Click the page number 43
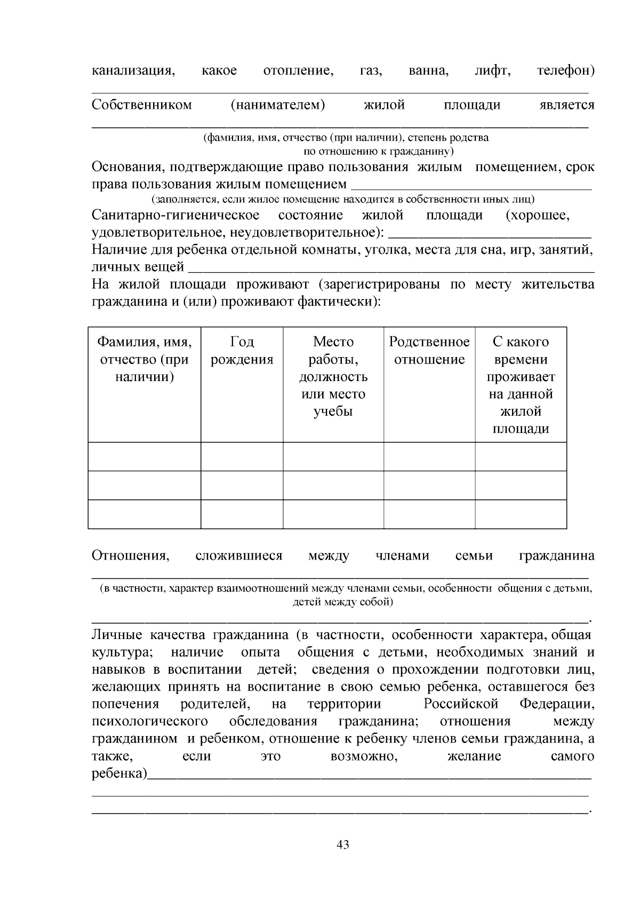pos(343,845)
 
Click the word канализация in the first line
pos(134,70)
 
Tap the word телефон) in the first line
pos(565,70)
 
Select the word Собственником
pos(141,104)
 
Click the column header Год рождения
pos(242,351)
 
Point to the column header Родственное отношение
pos(429,351)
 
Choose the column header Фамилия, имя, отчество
pos(145,359)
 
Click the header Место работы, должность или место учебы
pos(333,376)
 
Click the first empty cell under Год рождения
pos(242,457)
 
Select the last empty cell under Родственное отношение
pos(429,514)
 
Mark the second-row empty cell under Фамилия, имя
pos(145,486)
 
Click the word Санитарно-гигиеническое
pos(175,215)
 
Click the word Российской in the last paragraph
pos(461,704)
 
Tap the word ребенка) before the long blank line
pos(119,773)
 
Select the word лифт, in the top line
pos(492,70)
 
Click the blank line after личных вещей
pos(391,268)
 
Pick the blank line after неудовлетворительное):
pos(489,234)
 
